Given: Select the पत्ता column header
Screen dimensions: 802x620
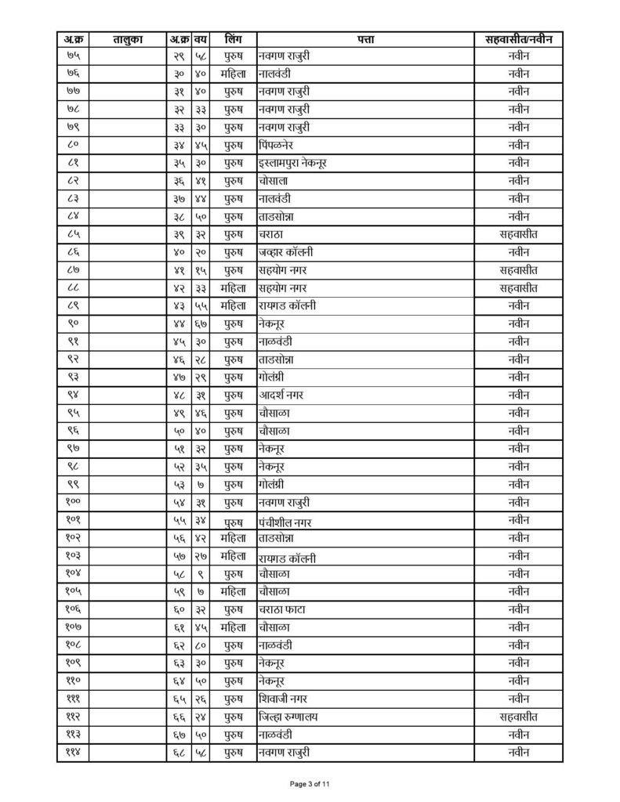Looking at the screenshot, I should click(x=364, y=38).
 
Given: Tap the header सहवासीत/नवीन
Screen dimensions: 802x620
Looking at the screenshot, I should click(x=518, y=38).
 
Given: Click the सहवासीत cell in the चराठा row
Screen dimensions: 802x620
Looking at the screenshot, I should click(x=518, y=234).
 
